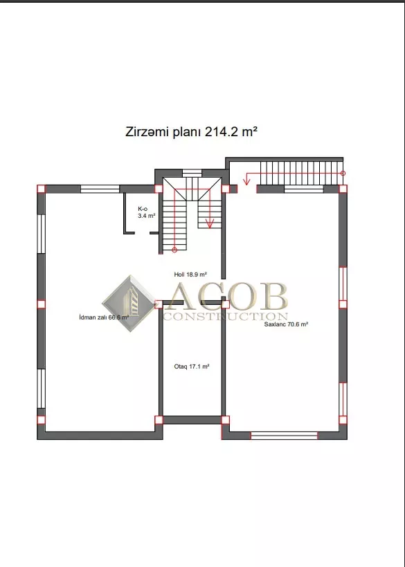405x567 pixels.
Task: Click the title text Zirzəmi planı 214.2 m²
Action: coord(191,131)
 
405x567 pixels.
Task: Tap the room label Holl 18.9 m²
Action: coord(190,275)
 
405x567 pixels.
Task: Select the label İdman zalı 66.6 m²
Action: coord(104,317)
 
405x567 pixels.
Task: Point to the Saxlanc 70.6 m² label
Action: coord(286,324)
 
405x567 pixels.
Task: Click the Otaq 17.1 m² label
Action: coord(192,366)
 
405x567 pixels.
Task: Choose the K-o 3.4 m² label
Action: coord(146,212)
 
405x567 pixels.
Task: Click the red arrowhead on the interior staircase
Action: coord(210,224)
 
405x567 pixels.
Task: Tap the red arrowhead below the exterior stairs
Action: coord(246,180)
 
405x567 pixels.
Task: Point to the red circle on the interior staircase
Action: coord(174,250)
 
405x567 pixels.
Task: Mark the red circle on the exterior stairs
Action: coord(343,173)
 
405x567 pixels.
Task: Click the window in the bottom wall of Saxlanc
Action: coord(284,436)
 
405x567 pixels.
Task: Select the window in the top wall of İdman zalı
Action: coord(100,189)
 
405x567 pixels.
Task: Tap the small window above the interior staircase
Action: coord(192,173)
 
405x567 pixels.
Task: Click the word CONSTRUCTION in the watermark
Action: coord(225,317)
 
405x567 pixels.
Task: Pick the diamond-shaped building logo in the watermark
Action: coord(129,304)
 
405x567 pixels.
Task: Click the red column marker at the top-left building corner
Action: coord(42,189)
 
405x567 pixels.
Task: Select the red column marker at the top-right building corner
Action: coord(343,189)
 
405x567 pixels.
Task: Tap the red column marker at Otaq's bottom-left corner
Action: coord(159,420)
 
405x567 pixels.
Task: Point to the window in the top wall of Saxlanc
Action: coord(304,189)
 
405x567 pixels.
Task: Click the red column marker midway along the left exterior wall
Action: coord(42,304)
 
